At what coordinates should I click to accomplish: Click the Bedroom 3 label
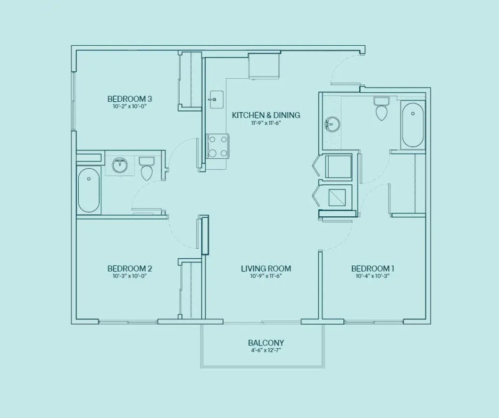129,99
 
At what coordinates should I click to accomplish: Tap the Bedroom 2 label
129,269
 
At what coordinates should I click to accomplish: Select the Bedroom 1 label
373,269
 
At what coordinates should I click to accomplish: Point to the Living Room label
266,269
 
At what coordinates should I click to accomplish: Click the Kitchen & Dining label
266,115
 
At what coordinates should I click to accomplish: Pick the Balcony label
266,343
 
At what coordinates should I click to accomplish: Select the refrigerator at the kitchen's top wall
265,66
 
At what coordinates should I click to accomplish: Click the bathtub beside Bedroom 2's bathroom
89,190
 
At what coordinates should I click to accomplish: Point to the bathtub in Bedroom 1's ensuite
413,125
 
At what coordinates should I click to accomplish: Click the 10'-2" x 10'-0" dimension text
129,107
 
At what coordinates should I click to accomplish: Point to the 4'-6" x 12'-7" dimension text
266,351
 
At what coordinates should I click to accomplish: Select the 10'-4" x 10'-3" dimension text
373,276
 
